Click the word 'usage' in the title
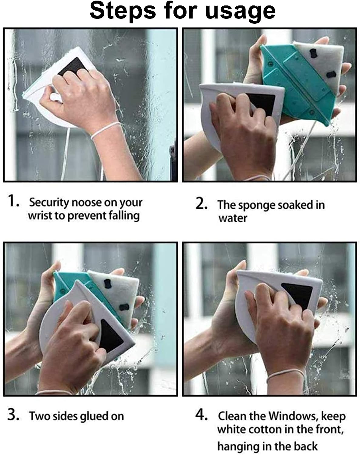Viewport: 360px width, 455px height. (240, 12)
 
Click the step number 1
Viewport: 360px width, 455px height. (13, 201)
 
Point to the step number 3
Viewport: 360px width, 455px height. (14, 415)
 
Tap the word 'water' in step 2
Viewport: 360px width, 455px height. (233, 218)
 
